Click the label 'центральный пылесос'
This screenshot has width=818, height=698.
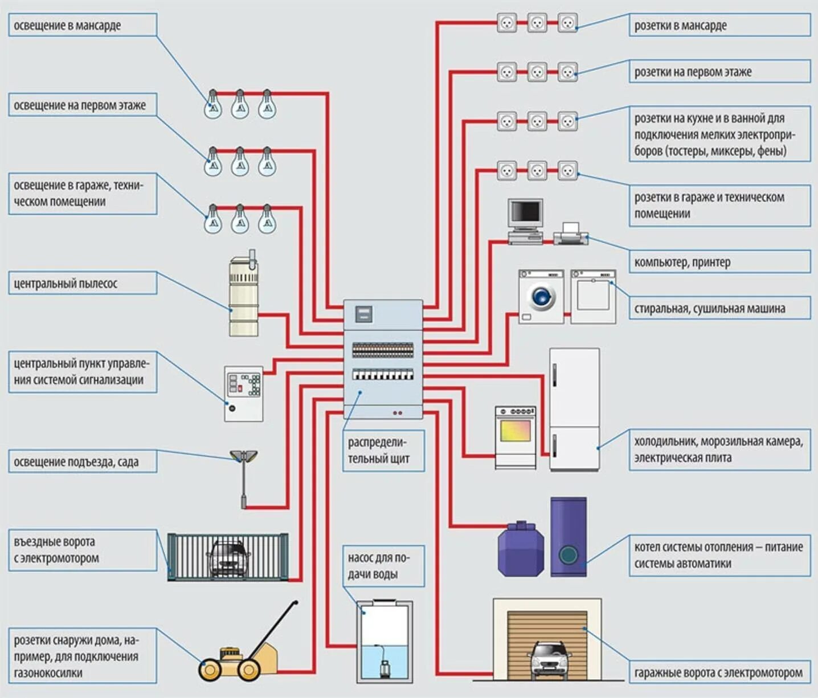point(66,284)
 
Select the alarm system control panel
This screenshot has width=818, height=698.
point(244,394)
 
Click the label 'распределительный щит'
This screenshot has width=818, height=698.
point(378,451)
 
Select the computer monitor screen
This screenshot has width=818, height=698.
point(526,213)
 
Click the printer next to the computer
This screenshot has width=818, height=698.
point(571,234)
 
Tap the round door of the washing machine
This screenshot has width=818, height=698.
point(541,297)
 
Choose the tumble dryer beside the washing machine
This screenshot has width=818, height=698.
point(593,297)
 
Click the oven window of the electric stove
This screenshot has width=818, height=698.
point(516,430)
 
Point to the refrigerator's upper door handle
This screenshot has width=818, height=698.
point(555,375)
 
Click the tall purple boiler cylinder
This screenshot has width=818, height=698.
point(568,537)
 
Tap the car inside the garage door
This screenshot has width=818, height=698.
point(549,659)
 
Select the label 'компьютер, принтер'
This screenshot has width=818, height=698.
point(682,262)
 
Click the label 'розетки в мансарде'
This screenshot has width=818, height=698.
point(681,25)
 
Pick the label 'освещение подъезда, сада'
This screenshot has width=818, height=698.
point(76,462)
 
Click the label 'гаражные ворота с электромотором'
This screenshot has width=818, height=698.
point(719,673)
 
